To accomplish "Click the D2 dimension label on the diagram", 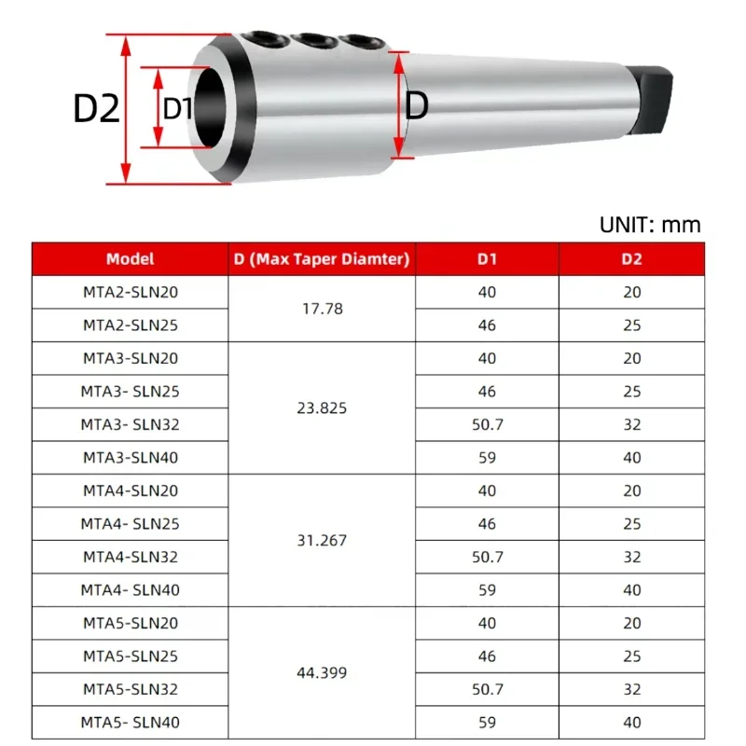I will point(97,109).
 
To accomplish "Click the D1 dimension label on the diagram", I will point(177,108).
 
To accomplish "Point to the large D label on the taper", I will point(416,105).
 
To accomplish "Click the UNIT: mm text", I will point(649,225).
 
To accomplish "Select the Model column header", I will point(130,259).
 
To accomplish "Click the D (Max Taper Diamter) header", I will point(321,259).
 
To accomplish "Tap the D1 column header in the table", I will point(487,259).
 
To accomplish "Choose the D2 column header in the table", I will point(631,259).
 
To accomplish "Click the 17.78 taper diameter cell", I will point(321,309).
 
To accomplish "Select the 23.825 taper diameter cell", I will point(321,408).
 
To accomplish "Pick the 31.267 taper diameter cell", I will point(321,540).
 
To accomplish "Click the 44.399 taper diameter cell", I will point(321,672).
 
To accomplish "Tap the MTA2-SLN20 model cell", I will point(130,292).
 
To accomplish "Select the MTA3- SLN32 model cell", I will point(130,424).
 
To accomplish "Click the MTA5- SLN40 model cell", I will point(130,722).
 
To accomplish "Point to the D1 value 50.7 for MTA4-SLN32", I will point(487,557).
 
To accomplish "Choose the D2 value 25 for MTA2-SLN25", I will point(631,325).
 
